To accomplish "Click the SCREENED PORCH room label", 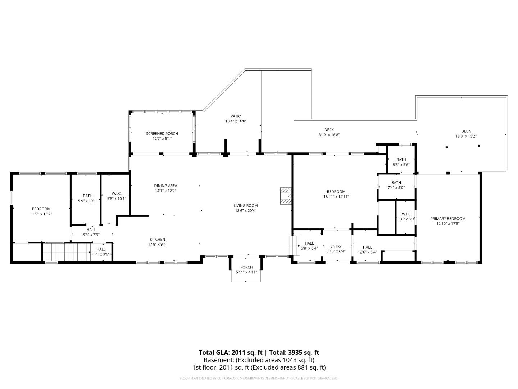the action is click(x=162, y=133).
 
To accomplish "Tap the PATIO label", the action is click(x=236, y=116).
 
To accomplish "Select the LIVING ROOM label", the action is click(x=245, y=205).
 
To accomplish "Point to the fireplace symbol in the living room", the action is click(x=286, y=196).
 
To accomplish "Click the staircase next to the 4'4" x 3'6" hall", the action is click(x=67, y=252).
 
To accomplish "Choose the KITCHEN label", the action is click(x=158, y=239).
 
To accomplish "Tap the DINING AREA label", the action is click(x=165, y=185).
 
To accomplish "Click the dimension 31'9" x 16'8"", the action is click(x=329, y=135).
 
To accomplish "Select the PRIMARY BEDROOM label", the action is click(x=448, y=219).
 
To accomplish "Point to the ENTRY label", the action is click(x=336, y=246).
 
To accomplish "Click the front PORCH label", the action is click(x=246, y=267).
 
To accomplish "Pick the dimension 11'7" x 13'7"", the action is click(x=41, y=214).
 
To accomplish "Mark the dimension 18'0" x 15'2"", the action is click(x=466, y=136).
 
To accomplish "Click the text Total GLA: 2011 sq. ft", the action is click(x=230, y=353).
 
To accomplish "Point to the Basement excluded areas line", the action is click(x=259, y=360).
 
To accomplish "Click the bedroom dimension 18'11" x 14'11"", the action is click(x=336, y=197).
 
